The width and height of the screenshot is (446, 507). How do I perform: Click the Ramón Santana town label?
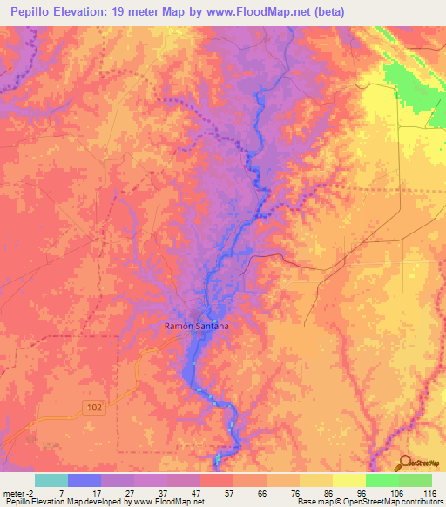click(197, 326)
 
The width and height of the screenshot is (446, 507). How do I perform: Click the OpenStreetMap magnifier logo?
click(405, 463)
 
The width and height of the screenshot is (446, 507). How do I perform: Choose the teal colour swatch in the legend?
click(51, 480)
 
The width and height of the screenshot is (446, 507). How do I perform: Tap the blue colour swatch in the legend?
click(84, 480)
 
